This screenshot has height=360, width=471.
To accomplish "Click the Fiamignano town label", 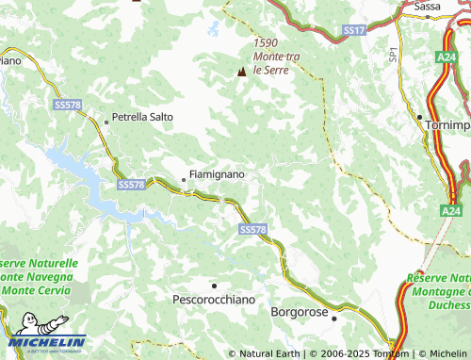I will [218, 175].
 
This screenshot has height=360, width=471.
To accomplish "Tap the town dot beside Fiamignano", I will [184, 178].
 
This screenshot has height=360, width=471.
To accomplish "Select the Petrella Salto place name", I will [142, 118].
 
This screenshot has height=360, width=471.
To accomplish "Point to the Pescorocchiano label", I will [214, 299].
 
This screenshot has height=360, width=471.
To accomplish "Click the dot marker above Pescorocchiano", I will [214, 284].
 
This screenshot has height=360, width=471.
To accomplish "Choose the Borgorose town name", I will [303, 310].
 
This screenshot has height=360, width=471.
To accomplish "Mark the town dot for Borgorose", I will [334, 319].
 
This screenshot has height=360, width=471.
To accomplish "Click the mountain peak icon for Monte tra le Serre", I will [242, 71].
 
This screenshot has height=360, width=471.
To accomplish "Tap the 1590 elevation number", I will [268, 43].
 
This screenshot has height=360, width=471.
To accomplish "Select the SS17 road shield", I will [354, 31].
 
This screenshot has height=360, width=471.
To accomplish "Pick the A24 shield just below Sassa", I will [447, 57].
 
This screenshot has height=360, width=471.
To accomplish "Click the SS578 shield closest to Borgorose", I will [252, 230].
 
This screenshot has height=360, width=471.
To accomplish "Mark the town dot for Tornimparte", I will [419, 116].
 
